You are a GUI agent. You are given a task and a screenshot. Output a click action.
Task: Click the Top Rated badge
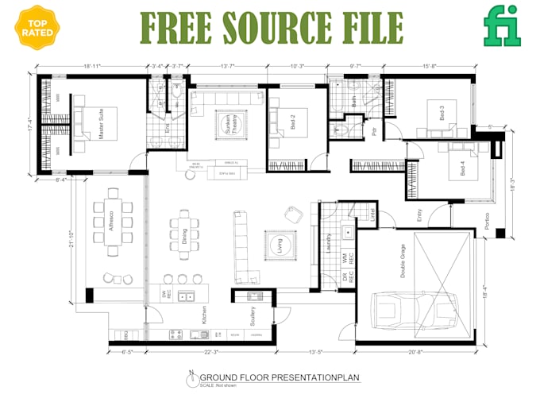click(35, 28)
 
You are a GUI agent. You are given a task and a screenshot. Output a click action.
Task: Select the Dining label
click(184, 235)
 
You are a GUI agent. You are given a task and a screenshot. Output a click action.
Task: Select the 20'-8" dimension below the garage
click(415, 351)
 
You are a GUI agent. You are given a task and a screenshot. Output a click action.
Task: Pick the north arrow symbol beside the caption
click(191, 380)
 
